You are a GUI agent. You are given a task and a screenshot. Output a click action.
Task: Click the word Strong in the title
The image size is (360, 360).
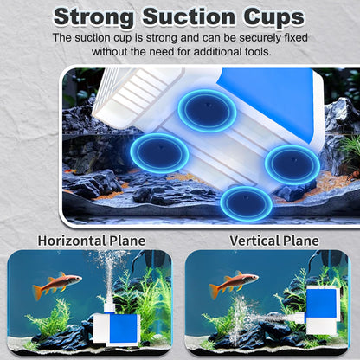pos(93,17)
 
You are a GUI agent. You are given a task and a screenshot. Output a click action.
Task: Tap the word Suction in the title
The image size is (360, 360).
pos(189,16)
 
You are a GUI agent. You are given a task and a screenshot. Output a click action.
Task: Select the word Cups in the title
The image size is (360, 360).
pos(273,18)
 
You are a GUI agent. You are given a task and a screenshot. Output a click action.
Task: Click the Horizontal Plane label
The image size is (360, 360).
pos(92,241)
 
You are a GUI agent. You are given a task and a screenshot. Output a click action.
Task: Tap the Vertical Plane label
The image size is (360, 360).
pos(274,241)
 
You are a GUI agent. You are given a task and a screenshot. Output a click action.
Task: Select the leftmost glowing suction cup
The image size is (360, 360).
pos(159,153)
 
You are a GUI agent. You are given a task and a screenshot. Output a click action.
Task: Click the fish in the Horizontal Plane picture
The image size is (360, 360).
pos(57,284)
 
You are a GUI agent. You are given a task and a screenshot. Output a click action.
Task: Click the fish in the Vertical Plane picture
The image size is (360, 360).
pos(234,283)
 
